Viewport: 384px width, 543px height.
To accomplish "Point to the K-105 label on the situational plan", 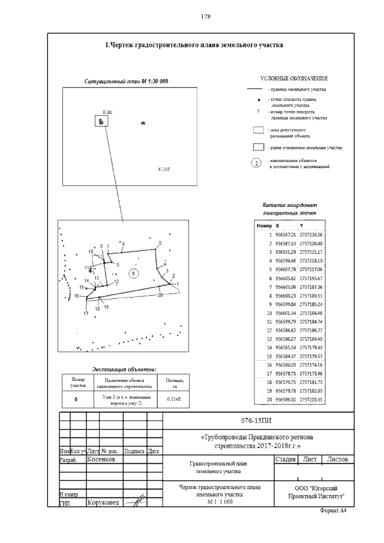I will click(x=164, y=170).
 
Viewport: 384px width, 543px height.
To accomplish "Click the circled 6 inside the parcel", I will click(x=134, y=273).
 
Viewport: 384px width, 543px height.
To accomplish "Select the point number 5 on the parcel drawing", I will click(x=160, y=242).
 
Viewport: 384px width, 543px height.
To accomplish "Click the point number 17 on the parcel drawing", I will click(x=86, y=313).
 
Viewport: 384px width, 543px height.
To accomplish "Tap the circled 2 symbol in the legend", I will click(x=256, y=163).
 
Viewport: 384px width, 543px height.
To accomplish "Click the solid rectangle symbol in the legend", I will click(x=258, y=147).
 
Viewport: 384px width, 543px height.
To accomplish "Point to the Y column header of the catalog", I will click(x=301, y=224).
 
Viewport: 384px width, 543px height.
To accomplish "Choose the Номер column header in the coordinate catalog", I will click(x=264, y=224).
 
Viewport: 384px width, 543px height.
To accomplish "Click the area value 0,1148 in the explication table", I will click(x=167, y=399).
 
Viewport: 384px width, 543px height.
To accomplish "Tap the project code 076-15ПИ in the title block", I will click(x=273, y=421).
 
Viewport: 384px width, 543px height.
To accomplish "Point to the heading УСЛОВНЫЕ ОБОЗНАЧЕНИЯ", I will click(x=293, y=79).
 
